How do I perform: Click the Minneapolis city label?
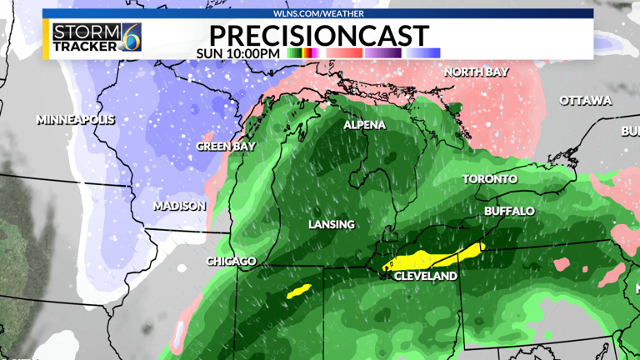pos(75,120)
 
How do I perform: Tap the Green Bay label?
pos(225,146)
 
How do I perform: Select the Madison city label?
pos(179,206)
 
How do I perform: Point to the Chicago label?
pos(231,262)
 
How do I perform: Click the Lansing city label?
pos(331,224)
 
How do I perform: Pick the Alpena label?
pos(365,125)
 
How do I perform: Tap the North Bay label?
pos(476,72)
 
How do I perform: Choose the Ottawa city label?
pos(585,101)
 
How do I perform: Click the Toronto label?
pos(490,179)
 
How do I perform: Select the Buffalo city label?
pos(509,212)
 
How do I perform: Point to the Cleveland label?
pos(425,276)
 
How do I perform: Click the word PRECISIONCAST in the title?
pos(319,35)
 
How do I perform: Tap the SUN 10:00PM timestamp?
pos(237,53)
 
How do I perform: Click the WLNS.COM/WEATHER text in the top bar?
pos(318,13)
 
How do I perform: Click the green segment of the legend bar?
pos(293,53)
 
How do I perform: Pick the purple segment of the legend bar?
pos(383,53)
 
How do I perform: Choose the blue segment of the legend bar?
pos(424,53)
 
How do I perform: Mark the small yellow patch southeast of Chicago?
pos(298,292)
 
